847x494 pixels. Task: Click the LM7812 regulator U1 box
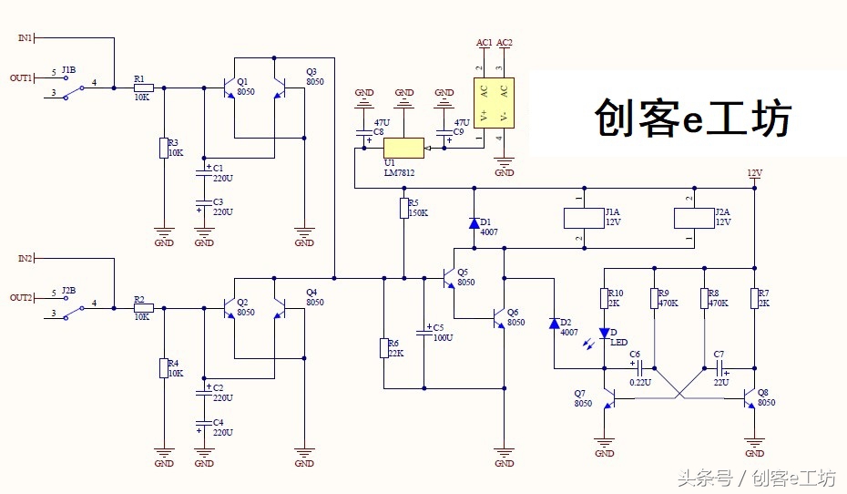403,148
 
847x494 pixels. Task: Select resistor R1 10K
143,88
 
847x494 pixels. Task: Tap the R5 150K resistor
403,209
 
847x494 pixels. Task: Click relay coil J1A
579,218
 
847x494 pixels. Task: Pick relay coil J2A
689,218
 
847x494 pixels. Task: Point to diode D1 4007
473,222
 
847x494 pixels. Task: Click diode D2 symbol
554,324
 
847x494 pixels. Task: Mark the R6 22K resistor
383,347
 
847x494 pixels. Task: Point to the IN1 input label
25,37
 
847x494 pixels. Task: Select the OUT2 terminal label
21,298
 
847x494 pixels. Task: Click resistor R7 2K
754,298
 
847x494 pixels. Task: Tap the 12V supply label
754,172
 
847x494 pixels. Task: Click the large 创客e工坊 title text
693,118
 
